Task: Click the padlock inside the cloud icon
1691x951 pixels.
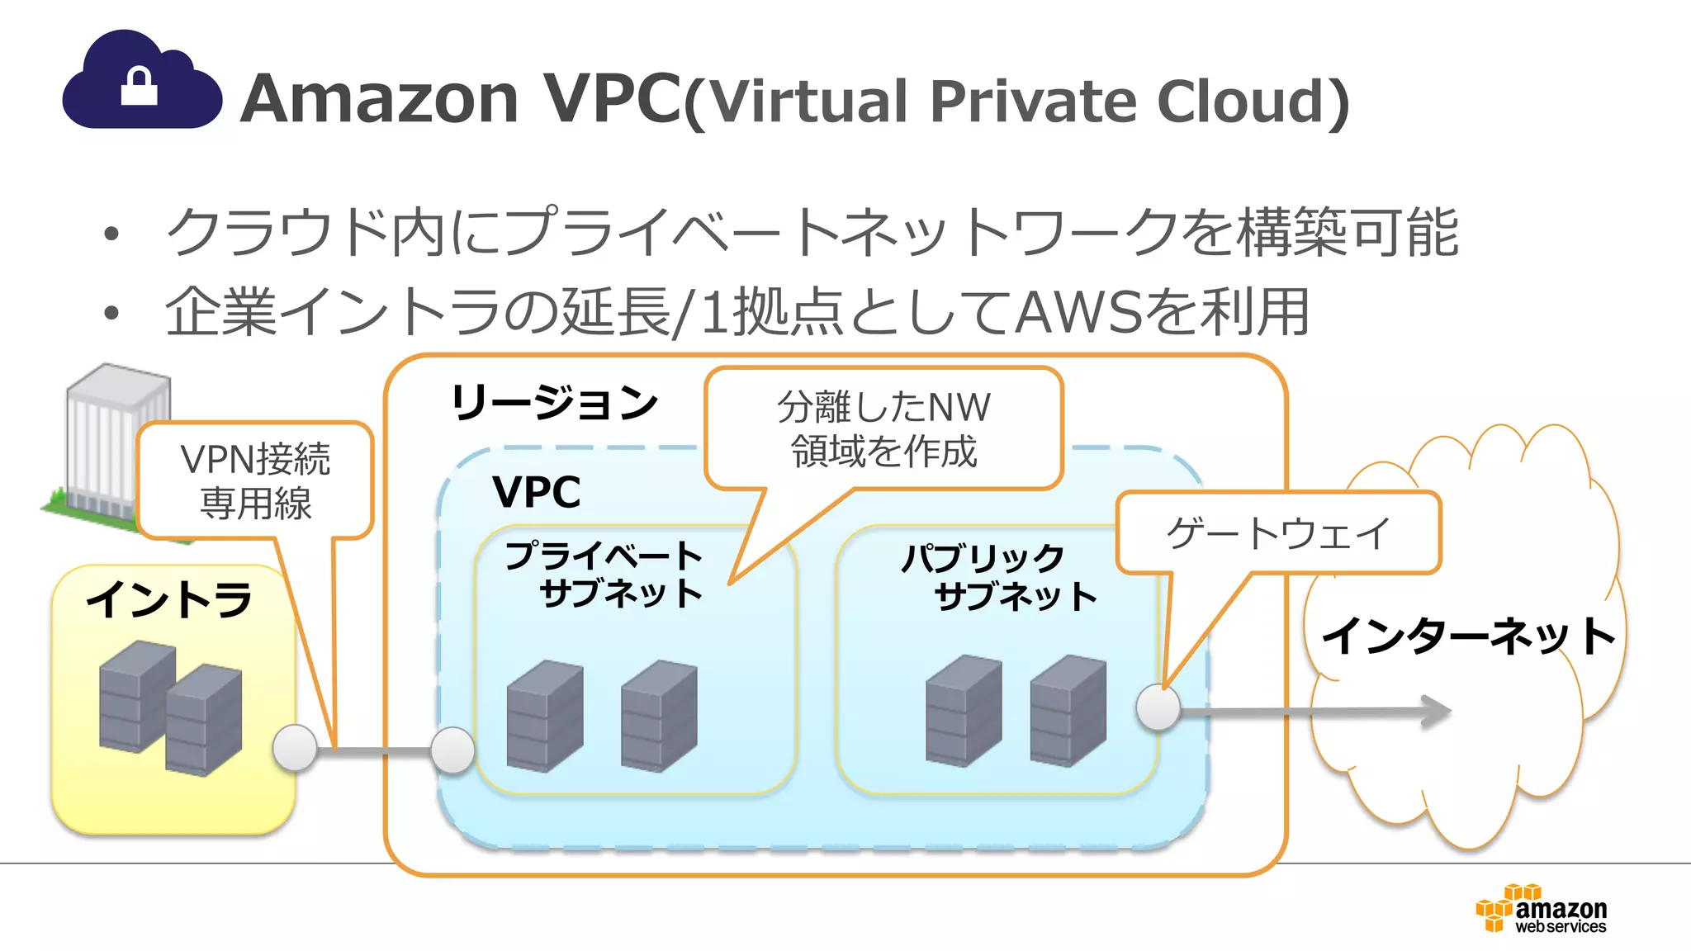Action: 139,87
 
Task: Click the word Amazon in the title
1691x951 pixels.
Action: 379,99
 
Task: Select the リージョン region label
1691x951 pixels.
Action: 554,403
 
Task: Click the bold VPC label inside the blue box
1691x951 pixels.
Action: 536,492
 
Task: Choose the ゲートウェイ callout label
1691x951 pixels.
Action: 1278,532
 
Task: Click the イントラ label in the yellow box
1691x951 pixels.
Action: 169,599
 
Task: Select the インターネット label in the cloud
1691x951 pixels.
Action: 1467,636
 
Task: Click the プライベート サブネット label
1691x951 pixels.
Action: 605,575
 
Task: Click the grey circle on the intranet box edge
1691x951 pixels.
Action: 295,748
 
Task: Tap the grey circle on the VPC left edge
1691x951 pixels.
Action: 452,750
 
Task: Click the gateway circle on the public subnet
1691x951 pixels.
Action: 1158,707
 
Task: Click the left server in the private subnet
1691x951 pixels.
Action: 545,716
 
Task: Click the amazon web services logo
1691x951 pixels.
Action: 1541,909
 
